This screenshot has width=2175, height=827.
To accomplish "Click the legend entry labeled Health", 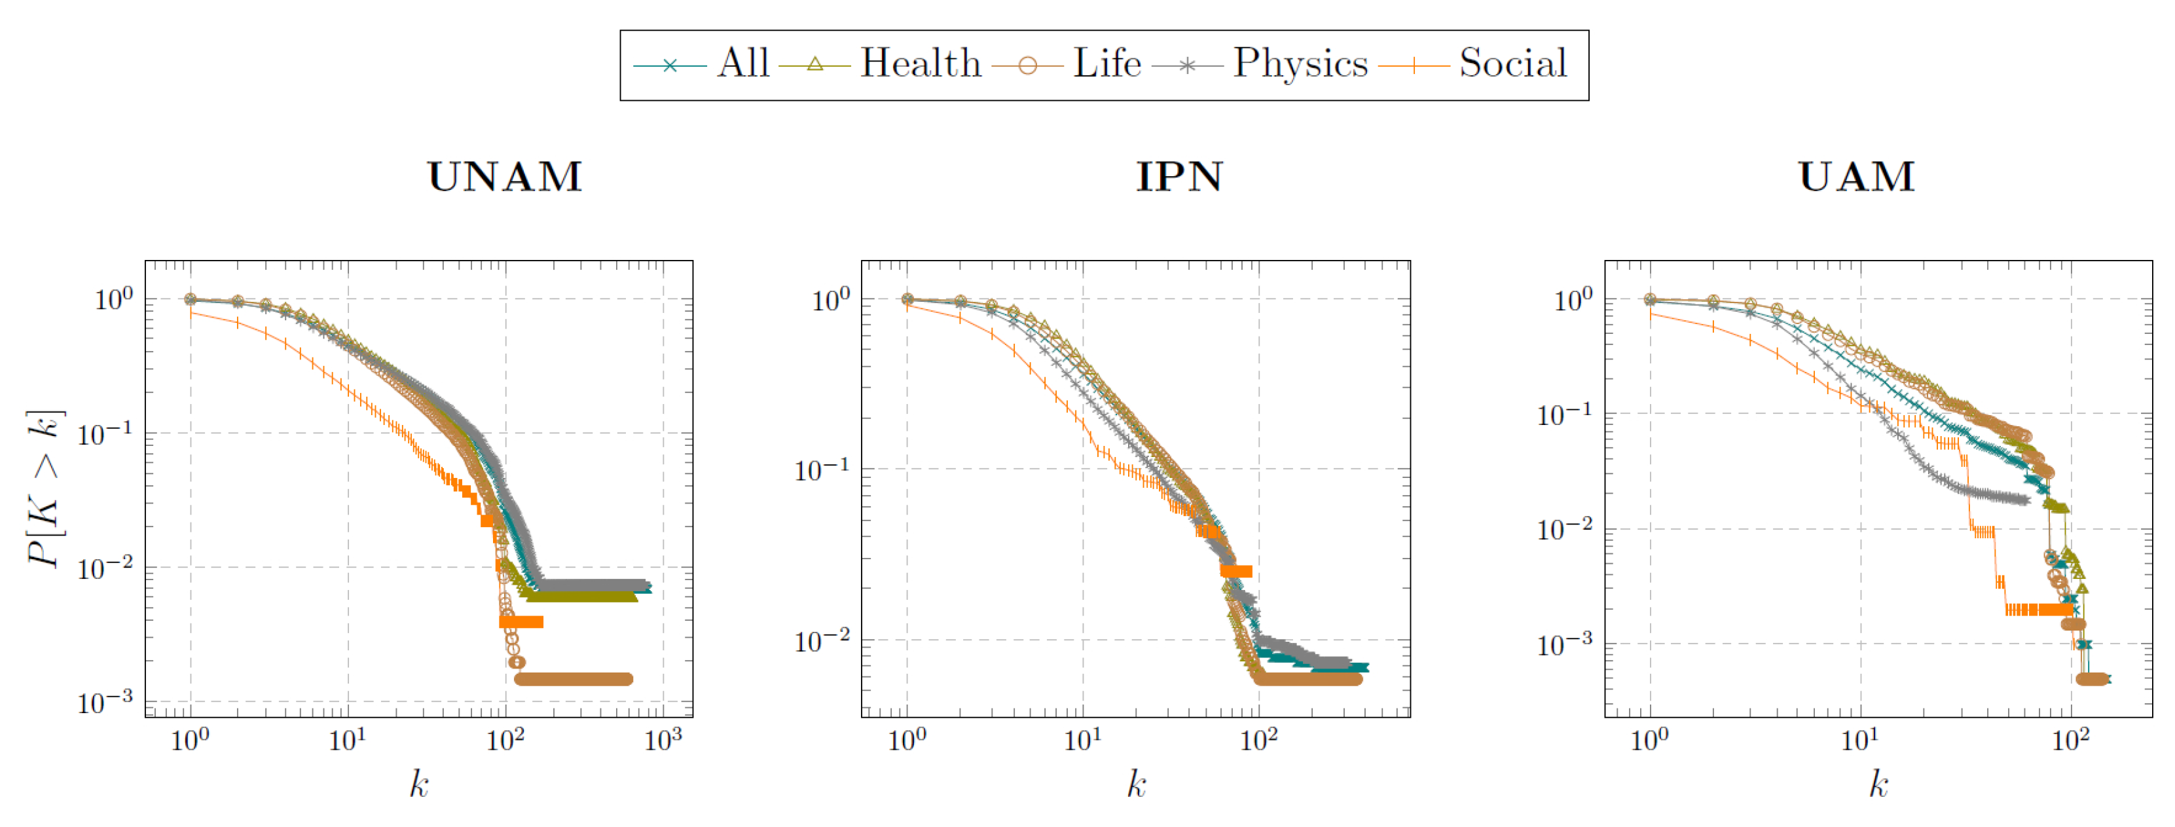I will (921, 64).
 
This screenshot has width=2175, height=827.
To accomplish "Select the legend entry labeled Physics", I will (1300, 64).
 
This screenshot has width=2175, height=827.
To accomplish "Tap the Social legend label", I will (1512, 64).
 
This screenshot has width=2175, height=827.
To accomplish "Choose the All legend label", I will (743, 64).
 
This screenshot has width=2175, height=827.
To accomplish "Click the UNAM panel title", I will (505, 177).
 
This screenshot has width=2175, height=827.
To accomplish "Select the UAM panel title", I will (1856, 177).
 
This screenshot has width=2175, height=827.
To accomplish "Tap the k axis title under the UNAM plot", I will (419, 784).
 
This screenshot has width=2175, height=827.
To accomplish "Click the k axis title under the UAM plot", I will (1878, 784).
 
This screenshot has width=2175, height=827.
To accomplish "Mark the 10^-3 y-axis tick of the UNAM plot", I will (105, 702).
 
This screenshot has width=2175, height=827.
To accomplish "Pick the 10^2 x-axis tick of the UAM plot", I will (2070, 741).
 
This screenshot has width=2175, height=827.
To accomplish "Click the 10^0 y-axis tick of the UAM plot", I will (1573, 299).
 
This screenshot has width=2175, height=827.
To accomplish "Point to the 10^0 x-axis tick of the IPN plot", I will (907, 741).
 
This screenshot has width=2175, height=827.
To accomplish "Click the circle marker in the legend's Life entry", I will (1027, 65).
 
